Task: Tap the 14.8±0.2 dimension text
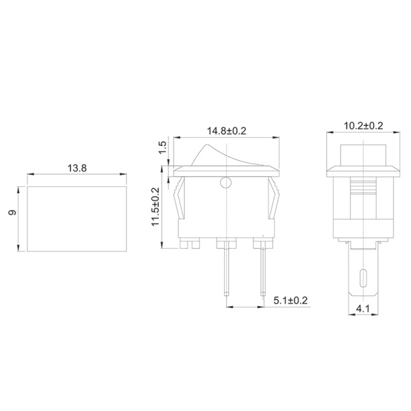(227, 128)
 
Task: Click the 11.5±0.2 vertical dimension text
(157, 207)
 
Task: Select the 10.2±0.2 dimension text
(362, 127)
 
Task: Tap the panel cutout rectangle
(77, 219)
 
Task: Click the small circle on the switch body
(225, 183)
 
